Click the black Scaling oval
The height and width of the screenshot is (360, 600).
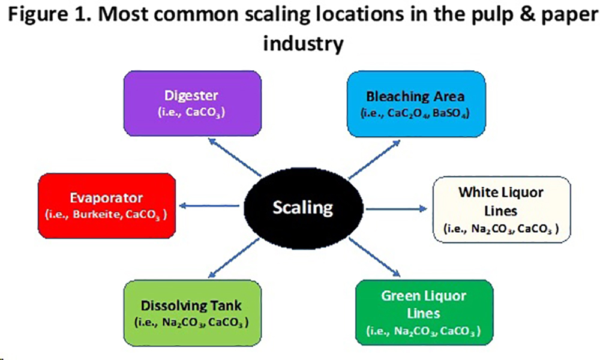coord(303,208)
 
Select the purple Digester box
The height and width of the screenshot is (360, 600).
coord(193,103)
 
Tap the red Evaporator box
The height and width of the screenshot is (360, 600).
coord(107,206)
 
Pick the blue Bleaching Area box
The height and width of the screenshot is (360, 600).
coord(416,104)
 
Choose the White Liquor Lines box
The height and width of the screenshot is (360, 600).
coord(502,209)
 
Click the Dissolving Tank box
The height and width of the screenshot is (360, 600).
coord(193,313)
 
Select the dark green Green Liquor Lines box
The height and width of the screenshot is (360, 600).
coord(424,313)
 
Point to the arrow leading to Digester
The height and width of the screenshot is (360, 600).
coord(235,157)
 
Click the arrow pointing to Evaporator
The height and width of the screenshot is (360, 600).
coord(209,206)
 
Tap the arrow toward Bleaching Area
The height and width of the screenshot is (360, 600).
coord(374,159)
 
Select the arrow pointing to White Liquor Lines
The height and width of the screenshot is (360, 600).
coord(397,209)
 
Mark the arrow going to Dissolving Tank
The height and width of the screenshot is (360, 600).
coord(234,258)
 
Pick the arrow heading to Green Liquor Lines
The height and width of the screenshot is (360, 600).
coord(374,257)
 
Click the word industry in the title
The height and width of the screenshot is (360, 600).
coord(303,43)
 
